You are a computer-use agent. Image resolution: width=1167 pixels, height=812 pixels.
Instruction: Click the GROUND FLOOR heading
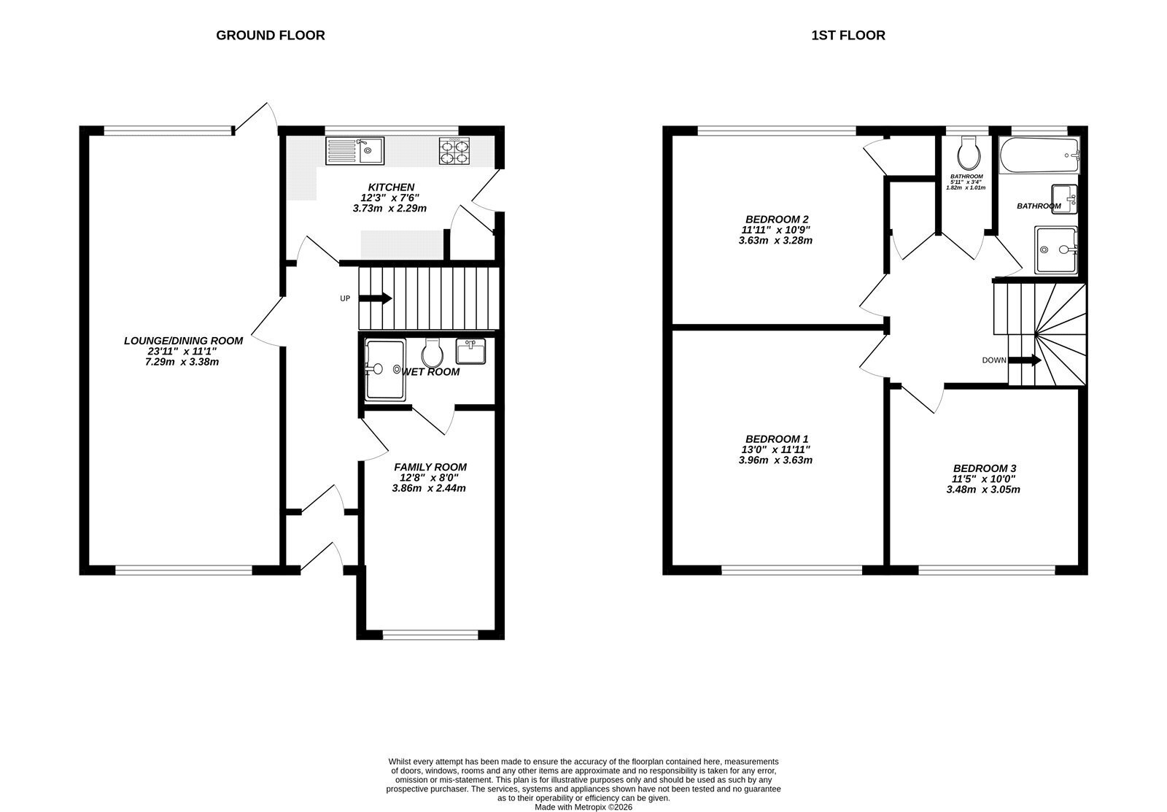pyautogui.click(x=271, y=36)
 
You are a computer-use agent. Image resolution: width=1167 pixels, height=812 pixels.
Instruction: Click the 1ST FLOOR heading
pyautogui.click(x=848, y=36)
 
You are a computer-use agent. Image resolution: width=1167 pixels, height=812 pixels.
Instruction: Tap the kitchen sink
pyautogui.click(x=354, y=150)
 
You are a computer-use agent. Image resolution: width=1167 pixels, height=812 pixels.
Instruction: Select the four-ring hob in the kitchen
pyautogui.click(x=454, y=150)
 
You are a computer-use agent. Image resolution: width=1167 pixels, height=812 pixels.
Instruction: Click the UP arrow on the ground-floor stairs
pyautogui.click(x=375, y=298)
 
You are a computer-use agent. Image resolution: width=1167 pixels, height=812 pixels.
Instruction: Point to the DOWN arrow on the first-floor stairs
pyautogui.click(x=1025, y=360)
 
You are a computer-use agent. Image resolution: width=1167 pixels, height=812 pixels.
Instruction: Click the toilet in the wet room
pyautogui.click(x=433, y=353)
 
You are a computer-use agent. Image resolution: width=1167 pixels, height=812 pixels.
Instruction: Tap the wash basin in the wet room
pyautogui.click(x=470, y=351)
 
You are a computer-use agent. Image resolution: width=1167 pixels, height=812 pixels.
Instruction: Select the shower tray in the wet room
pyautogui.click(x=385, y=369)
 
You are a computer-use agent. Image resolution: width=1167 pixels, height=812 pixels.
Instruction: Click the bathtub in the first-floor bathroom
pyautogui.click(x=1039, y=155)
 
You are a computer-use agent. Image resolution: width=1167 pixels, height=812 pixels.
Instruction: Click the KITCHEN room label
pyautogui.click(x=391, y=187)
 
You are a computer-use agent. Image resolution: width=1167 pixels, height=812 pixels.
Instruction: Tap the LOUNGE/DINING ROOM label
pyautogui.click(x=183, y=341)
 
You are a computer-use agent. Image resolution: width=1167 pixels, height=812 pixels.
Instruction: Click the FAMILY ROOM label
pyautogui.click(x=430, y=467)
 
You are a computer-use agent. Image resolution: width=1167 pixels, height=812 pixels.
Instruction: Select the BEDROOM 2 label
pyautogui.click(x=777, y=220)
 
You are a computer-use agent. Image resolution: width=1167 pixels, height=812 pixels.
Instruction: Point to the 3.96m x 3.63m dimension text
pyautogui.click(x=776, y=460)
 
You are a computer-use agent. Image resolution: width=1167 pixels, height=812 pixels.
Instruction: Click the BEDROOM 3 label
pyautogui.click(x=985, y=468)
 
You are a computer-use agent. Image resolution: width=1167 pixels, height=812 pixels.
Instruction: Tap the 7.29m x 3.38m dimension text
pyautogui.click(x=182, y=362)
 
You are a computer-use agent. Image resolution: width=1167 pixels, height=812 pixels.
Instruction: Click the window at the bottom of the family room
pyautogui.click(x=430, y=635)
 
